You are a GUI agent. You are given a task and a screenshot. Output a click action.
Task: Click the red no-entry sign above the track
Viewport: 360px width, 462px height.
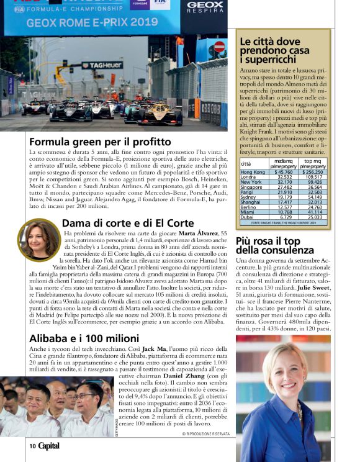pyautogui.click(x=219, y=47)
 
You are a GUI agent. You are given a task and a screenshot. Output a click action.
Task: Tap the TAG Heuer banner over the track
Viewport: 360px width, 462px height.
pyautogui.click(x=102, y=65)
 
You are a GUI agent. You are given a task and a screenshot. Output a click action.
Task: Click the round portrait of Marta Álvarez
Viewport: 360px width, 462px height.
pyautogui.click(x=39, y=239)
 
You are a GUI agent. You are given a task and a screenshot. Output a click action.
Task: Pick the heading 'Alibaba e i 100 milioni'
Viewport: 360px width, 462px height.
pyautogui.click(x=84, y=338)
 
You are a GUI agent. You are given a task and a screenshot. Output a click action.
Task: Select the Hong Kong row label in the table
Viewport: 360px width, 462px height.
pyautogui.click(x=253, y=172)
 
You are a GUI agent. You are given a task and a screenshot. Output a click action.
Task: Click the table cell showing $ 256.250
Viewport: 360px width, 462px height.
pyautogui.click(x=312, y=172)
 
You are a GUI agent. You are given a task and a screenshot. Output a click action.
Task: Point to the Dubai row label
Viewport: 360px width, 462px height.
pyautogui.click(x=247, y=217)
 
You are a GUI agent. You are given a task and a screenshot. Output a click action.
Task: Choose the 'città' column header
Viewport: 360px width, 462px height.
pyautogui.click(x=246, y=164)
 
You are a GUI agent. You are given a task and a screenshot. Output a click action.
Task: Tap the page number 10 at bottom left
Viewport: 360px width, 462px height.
pyautogui.click(x=32, y=446)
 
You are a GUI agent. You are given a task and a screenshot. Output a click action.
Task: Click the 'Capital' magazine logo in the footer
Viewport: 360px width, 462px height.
pyautogui.click(x=49, y=446)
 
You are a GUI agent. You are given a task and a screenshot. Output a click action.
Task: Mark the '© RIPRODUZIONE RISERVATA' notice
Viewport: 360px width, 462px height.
pyautogui.click(x=205, y=434)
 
